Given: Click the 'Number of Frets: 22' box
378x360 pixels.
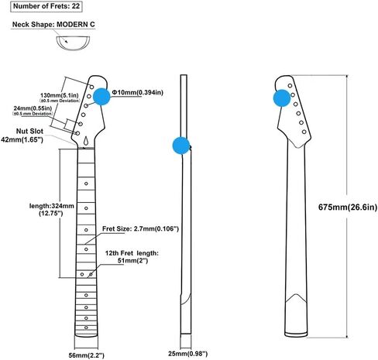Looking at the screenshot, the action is (46, 6).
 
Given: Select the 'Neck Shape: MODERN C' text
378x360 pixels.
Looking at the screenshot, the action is (53, 25).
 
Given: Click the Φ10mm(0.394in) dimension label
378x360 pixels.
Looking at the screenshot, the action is (138, 92).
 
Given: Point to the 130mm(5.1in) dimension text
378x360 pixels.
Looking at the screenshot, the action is (60, 95).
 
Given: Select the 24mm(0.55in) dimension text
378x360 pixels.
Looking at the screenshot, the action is (33, 108).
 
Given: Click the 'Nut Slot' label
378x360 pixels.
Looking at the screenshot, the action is (29, 131).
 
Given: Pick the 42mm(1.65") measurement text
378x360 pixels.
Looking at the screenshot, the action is (22, 139).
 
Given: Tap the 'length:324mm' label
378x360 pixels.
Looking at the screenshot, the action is (52, 206).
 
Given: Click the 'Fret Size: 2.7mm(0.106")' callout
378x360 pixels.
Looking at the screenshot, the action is (140, 228).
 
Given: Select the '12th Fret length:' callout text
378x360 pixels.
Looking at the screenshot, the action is (132, 253).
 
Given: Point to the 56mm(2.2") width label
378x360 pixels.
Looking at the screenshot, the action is (87, 355).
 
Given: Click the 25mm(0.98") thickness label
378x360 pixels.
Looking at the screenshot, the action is (187, 354).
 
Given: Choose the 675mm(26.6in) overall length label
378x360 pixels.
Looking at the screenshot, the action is (348, 207).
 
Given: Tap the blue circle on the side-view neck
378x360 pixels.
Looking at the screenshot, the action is (181, 146).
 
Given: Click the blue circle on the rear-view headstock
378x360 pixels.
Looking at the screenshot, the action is (282, 98).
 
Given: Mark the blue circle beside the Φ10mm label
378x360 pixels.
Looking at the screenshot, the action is (101, 97).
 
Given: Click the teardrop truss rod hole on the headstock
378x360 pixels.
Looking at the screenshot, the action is (87, 141).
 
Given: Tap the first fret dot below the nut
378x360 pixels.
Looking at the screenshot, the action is (86, 183).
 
